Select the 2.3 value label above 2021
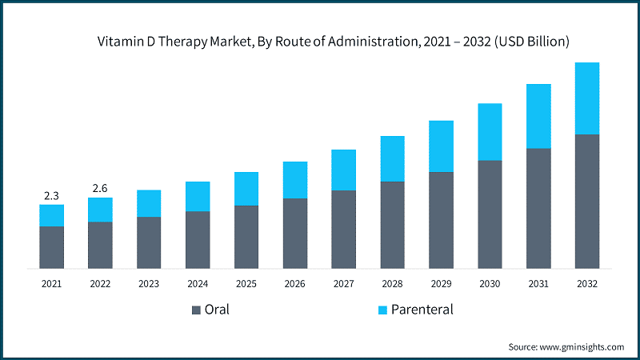click(51, 194)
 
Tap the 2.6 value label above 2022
click(100, 188)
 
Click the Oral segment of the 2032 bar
click(586, 201)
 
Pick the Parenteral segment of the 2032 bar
click(586, 98)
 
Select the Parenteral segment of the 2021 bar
click(51, 215)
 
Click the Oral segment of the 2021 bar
click(51, 247)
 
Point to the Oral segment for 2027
click(343, 229)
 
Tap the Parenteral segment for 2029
click(441, 146)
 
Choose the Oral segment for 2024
click(198, 239)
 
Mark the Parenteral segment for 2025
click(246, 189)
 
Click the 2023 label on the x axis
click(149, 283)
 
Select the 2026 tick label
click(294, 283)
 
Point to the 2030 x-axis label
click(490, 283)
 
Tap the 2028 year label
click(392, 283)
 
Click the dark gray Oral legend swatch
click(196, 310)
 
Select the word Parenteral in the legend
click(423, 310)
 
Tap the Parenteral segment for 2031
click(538, 116)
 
